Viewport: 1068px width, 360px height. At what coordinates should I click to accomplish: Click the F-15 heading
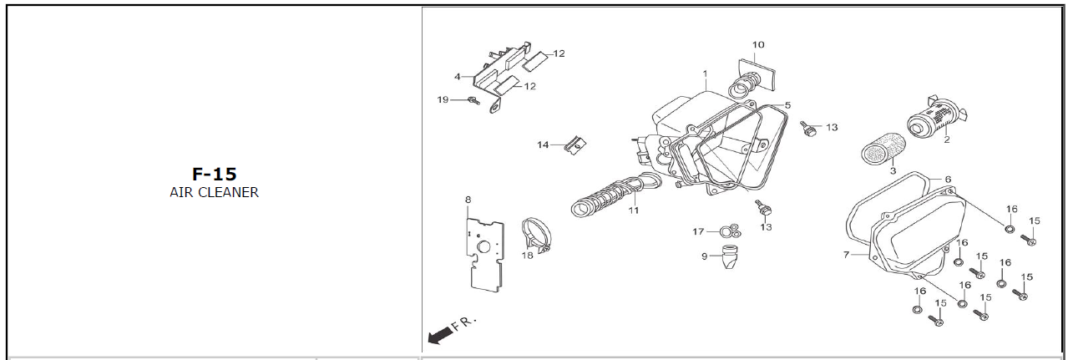pos(214,174)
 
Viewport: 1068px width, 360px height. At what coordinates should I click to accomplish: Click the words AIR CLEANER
pos(214,193)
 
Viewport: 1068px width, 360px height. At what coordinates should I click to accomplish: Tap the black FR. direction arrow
pos(440,336)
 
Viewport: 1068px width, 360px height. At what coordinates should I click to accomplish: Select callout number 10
pos(758,44)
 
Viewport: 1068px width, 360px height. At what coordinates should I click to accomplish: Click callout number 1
pos(705,74)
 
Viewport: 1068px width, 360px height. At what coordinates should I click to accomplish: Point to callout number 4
pos(458,76)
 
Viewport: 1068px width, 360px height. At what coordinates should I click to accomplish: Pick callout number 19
pos(443,99)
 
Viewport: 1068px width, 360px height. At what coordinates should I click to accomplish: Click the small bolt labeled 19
pos(473,100)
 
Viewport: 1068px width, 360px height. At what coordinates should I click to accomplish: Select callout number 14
pos(543,145)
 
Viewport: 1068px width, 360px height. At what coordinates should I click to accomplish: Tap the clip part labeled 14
pos(575,145)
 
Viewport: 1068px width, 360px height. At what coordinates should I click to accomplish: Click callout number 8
pos(468,200)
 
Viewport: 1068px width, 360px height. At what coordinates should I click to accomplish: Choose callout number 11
pos(633,210)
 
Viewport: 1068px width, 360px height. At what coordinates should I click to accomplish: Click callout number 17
pos(698,231)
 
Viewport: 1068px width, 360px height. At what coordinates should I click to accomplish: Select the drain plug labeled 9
pos(728,257)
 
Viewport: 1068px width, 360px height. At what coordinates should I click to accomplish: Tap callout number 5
pos(787,105)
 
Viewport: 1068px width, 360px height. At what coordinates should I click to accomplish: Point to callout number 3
pos(893,170)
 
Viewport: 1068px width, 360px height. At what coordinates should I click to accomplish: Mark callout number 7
pos(846,255)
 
